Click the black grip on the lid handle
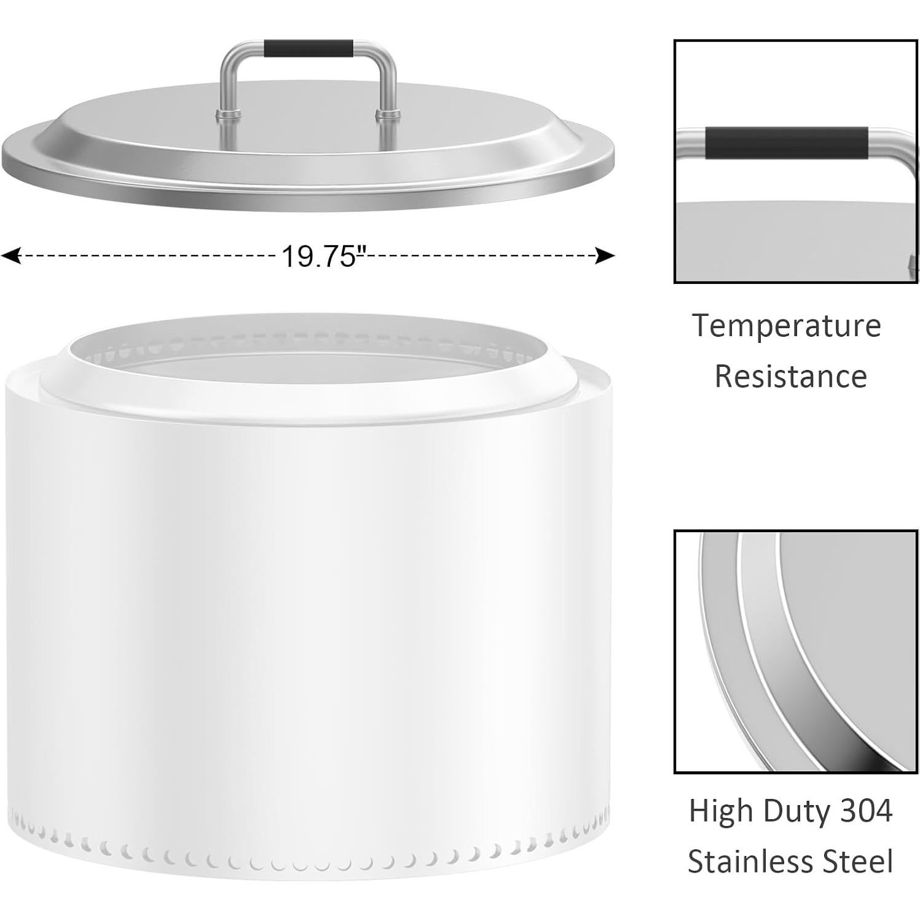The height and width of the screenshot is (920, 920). click(x=308, y=48)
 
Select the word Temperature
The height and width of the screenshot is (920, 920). click(x=787, y=326)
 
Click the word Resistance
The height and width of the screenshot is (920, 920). click(x=790, y=376)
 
